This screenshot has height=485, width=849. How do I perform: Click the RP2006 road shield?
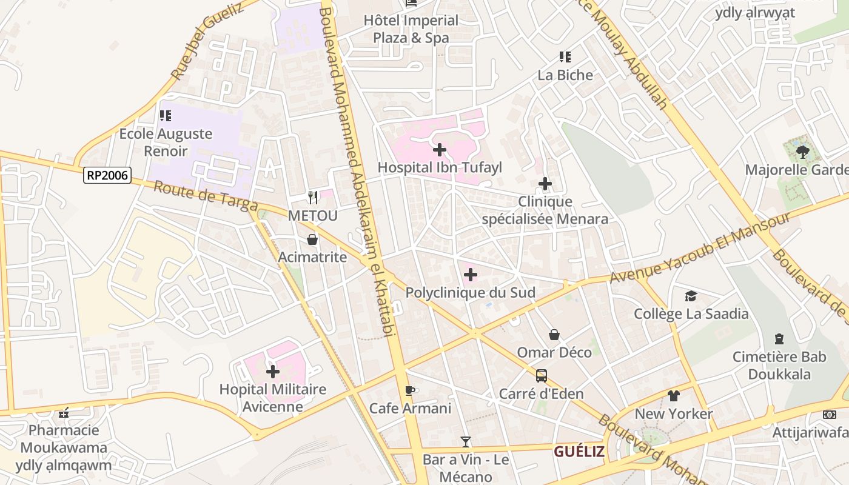(107, 175)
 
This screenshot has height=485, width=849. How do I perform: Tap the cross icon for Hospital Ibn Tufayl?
(440, 149)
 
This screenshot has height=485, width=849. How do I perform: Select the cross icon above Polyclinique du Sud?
(470, 275)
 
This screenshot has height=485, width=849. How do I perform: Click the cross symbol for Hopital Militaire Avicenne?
(273, 371)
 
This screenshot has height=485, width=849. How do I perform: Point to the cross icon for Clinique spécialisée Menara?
(545, 184)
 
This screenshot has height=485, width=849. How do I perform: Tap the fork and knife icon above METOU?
(313, 197)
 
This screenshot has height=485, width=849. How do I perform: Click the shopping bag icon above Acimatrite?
(312, 239)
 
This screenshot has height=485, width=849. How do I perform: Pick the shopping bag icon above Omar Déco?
(554, 334)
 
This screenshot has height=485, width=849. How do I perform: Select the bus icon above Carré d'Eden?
(541, 376)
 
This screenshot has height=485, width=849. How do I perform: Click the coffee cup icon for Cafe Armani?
(410, 390)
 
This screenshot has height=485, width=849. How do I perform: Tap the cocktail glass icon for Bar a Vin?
(465, 441)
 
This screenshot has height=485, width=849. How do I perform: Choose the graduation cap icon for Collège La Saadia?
(691, 296)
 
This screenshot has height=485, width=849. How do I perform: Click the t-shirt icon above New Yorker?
(673, 396)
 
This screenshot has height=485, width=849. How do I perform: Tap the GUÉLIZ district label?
(579, 452)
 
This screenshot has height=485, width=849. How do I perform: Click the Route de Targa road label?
(206, 196)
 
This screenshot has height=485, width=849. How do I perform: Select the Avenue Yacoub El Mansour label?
(700, 249)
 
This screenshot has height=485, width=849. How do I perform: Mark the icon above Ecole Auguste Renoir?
(165, 115)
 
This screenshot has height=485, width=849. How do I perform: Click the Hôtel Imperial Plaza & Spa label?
(411, 29)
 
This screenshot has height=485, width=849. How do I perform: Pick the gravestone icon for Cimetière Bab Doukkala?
(779, 338)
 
